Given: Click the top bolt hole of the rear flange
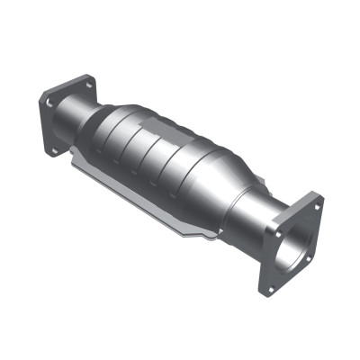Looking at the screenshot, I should [x=90, y=84].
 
